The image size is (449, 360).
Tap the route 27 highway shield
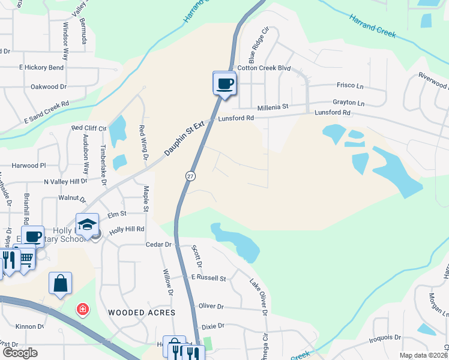click(190, 175)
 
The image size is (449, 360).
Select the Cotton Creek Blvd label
click(264, 68)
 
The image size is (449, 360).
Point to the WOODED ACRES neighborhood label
click(142, 313)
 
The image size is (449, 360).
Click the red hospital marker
click(82, 310)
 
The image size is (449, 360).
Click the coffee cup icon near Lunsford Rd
click(225, 83)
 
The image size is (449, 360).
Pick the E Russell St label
click(208, 278)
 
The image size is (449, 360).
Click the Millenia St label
click(273, 107)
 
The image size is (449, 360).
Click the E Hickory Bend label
click(41, 68)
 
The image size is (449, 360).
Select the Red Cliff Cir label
click(89, 128)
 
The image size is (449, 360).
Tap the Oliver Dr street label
click(211, 306)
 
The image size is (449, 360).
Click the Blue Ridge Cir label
click(256, 44)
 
